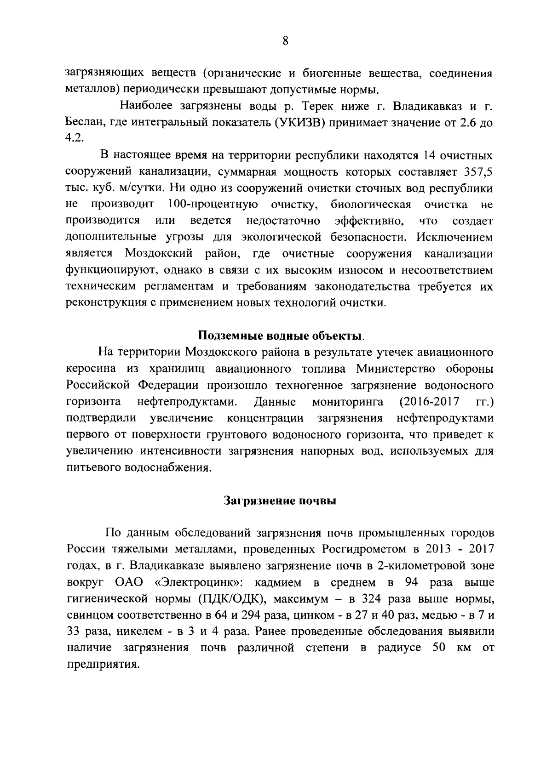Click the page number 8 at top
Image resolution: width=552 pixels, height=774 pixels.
click(285, 42)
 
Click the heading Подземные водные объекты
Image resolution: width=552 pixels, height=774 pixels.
click(281, 335)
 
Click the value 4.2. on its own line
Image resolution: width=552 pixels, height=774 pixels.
click(75, 139)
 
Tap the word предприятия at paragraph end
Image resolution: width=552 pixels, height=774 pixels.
click(102, 665)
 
